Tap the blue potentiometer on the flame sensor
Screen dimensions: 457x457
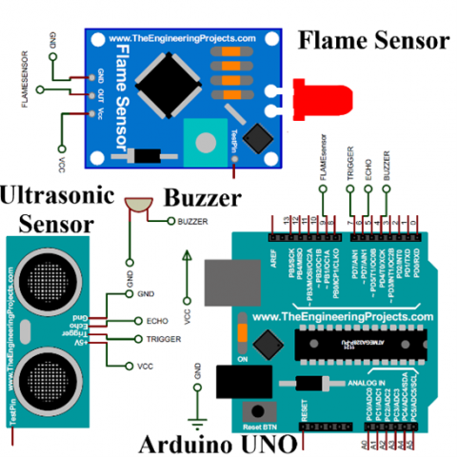(203, 144)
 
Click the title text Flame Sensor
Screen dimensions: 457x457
(372, 41)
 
